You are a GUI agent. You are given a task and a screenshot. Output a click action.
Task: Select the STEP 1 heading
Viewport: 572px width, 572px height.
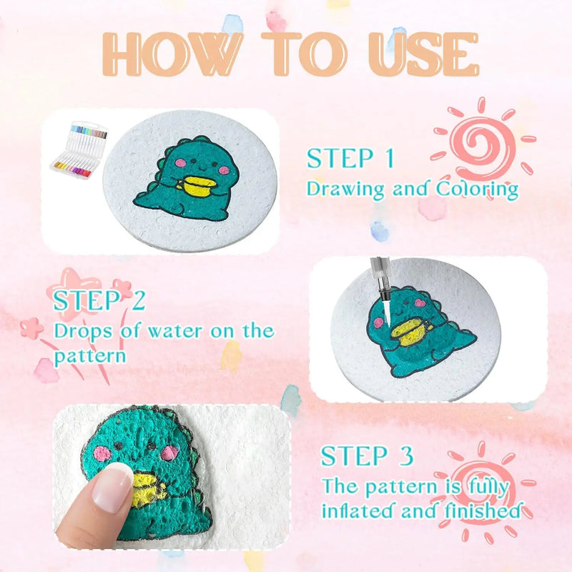[350, 159]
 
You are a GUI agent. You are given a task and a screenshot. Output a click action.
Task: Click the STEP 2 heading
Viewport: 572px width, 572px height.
[99, 300]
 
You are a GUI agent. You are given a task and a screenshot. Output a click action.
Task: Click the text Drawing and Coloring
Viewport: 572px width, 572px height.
[413, 189]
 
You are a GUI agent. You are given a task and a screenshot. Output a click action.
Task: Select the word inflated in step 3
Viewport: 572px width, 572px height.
[358, 512]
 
